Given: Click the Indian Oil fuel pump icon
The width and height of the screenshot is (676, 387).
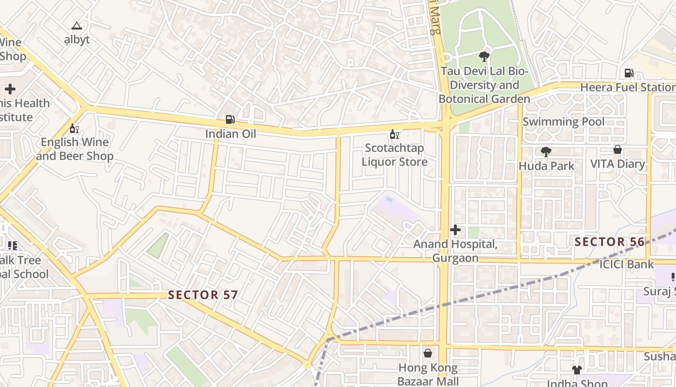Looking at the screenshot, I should (230, 119).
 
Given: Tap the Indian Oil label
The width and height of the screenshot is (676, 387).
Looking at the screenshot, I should (231, 134).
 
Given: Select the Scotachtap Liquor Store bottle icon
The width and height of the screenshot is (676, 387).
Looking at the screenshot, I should (394, 134).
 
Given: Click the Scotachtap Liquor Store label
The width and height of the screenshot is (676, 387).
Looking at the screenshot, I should (394, 155).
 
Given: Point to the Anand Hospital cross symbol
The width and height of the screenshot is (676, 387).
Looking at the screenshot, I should (455, 230).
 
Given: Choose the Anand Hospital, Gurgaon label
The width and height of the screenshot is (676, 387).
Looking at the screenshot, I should (455, 251).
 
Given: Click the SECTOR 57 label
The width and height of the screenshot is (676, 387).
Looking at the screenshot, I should (203, 295).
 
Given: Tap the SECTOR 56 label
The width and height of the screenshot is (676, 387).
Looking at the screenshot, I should (609, 242).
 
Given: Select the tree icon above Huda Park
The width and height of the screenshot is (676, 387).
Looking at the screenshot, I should (546, 152).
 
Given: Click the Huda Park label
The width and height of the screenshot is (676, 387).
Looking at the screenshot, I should (546, 166).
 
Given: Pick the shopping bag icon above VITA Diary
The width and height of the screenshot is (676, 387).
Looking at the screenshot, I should (617, 149).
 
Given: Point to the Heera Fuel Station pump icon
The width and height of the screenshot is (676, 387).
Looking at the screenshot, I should (629, 73).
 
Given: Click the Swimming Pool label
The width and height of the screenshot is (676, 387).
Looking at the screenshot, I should (563, 121).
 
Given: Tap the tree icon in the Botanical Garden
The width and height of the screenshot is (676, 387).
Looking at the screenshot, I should (484, 57).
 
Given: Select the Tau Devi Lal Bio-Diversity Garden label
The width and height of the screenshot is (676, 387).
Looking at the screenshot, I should (484, 85).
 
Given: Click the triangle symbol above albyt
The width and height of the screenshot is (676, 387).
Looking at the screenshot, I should (77, 26).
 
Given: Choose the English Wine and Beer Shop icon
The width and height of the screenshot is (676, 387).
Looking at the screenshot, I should (74, 128).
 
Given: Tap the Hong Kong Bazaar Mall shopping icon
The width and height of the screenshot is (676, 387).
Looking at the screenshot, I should (427, 353).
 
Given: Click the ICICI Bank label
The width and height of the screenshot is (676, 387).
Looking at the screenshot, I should (626, 264).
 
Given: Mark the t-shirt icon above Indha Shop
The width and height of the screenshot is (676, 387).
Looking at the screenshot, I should (577, 370).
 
